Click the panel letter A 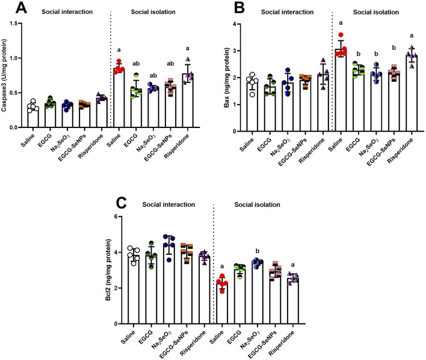(x=21, y=8)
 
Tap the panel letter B (x=239, y=8)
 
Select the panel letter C (x=121, y=203)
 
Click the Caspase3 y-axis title (x=4, y=75)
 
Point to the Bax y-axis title (x=227, y=78)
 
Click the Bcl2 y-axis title (x=108, y=270)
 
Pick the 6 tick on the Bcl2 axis (x=116, y=216)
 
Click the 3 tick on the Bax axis (x=235, y=51)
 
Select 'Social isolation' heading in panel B (x=376, y=12)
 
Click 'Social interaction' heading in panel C (x=168, y=204)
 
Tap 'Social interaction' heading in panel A (x=67, y=12)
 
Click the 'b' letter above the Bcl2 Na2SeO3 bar (x=258, y=251)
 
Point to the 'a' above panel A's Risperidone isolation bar (x=188, y=49)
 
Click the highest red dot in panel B (x=341, y=34)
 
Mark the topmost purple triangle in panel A (x=188, y=59)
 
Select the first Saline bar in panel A (x=33, y=117)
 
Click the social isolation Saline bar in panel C (x=222, y=304)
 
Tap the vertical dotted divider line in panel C (x=214, y=264)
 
